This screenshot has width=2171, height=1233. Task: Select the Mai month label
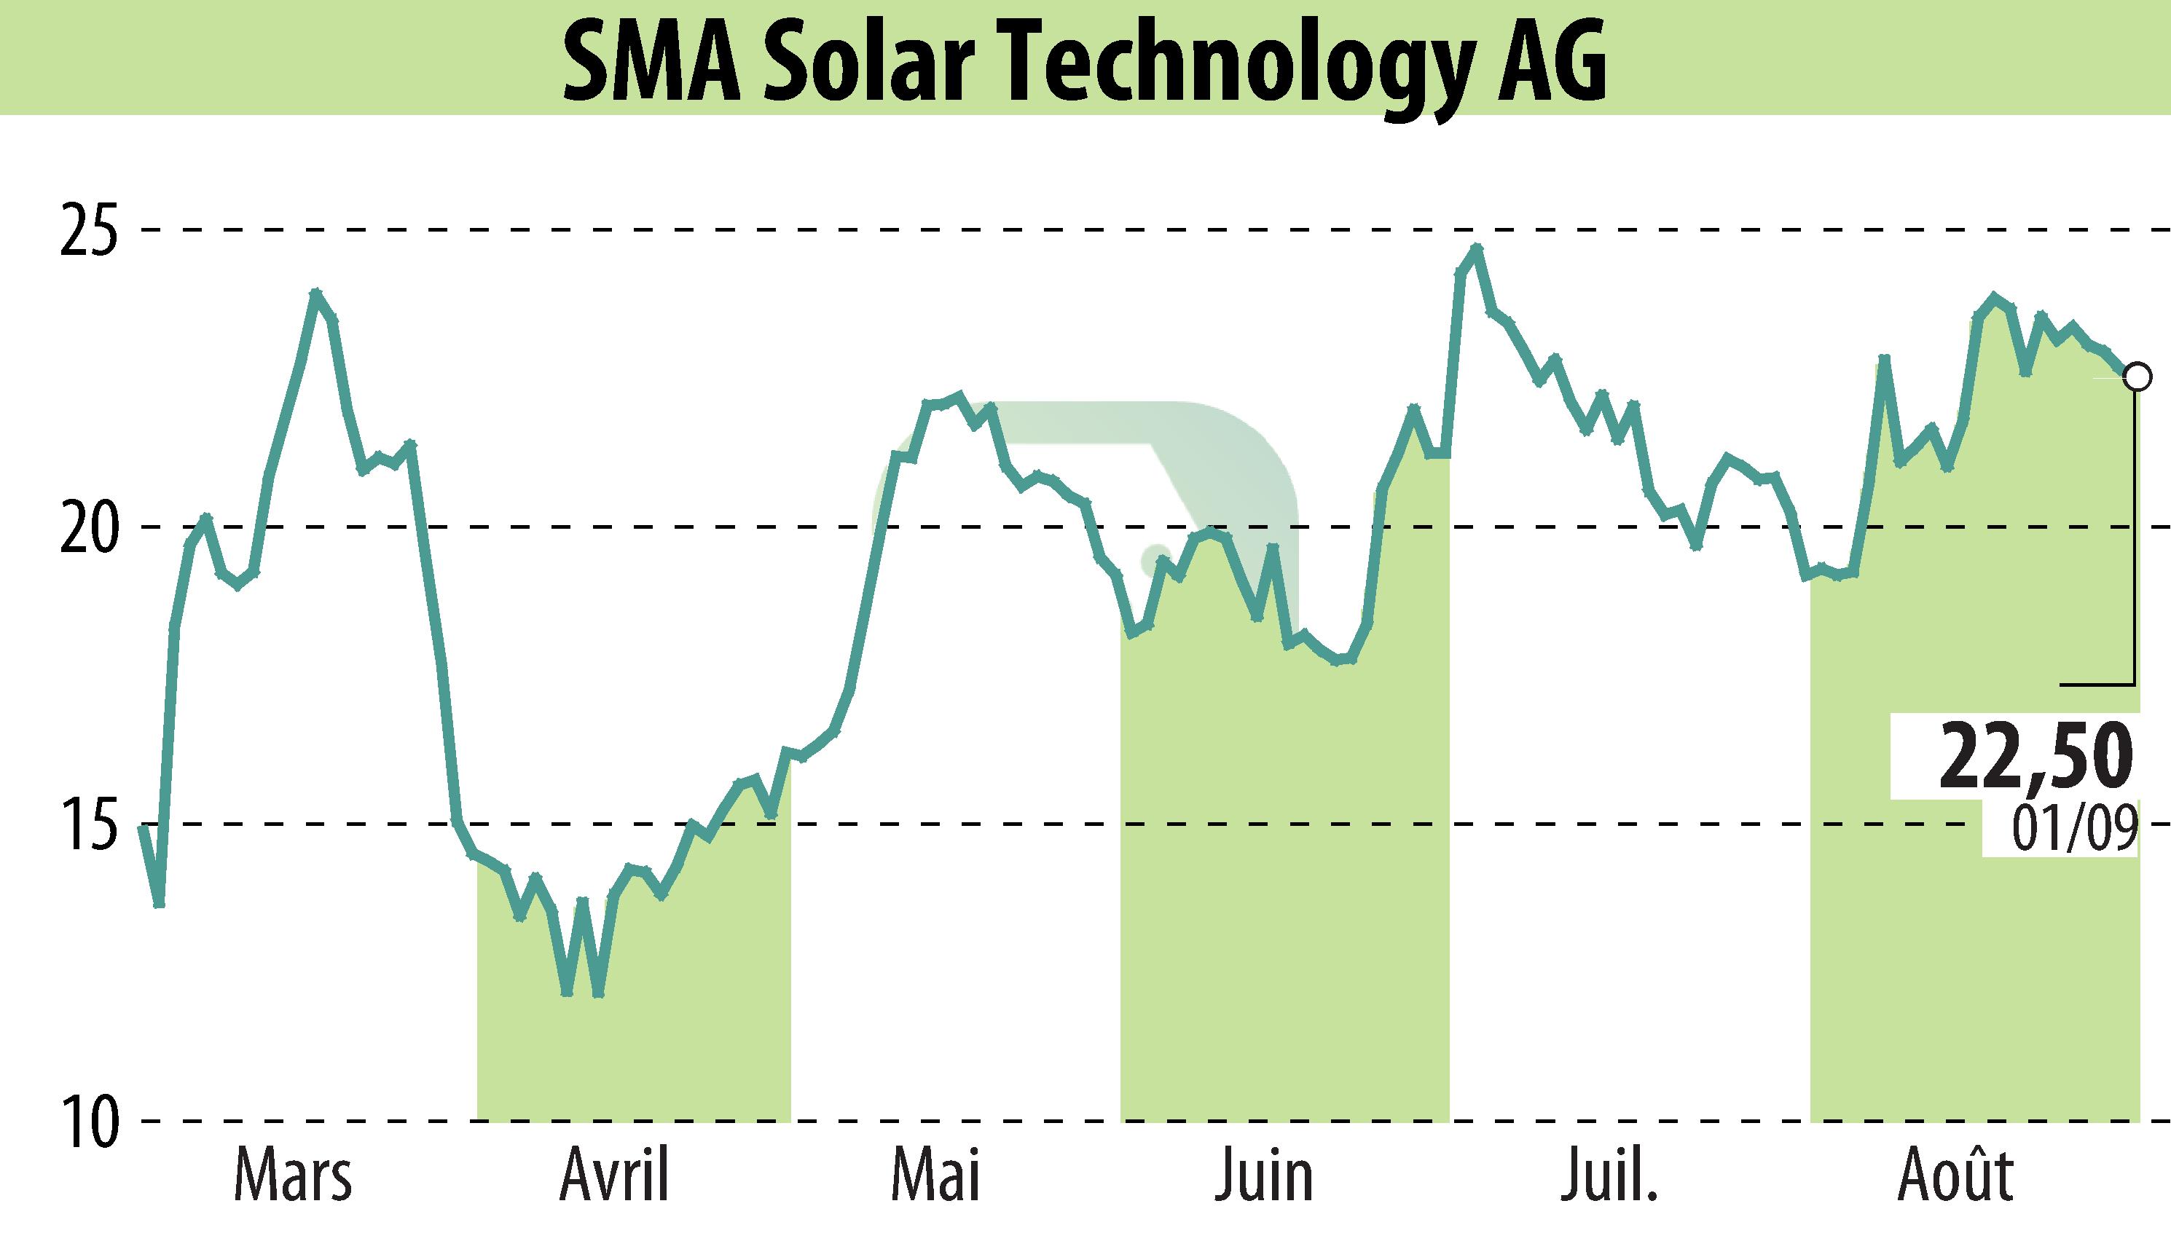[x=935, y=1175]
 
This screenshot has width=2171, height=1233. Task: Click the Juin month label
[x=1264, y=1175]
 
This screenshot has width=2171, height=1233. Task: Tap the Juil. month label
[x=1609, y=1175]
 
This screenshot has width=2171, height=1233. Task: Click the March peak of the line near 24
[x=316, y=293]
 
